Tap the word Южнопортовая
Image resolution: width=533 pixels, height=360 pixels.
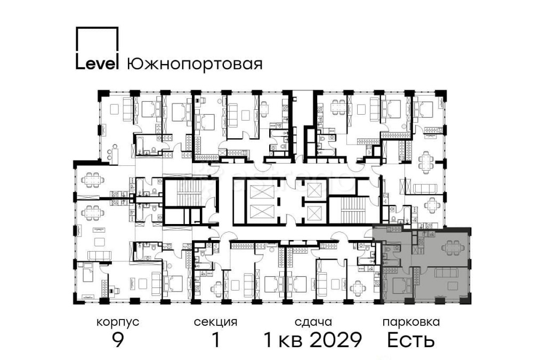pos(195,65)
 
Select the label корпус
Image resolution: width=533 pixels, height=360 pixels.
pos(118,322)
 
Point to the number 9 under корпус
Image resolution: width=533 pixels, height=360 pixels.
pos(118,340)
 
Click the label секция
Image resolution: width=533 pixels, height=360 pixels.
pos(215,322)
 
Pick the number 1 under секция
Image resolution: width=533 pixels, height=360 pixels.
pos(215,340)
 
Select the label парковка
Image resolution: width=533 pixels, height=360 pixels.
pos(410,322)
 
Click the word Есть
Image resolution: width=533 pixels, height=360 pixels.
pos(410,340)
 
